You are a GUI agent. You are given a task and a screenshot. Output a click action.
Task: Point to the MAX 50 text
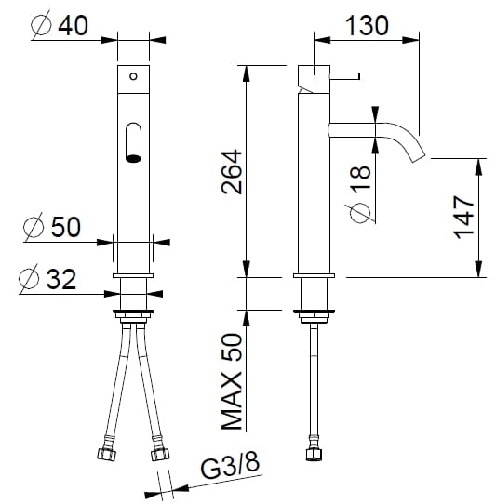[x=232, y=381]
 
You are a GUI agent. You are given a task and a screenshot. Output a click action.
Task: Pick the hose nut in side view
[x=315, y=457]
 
